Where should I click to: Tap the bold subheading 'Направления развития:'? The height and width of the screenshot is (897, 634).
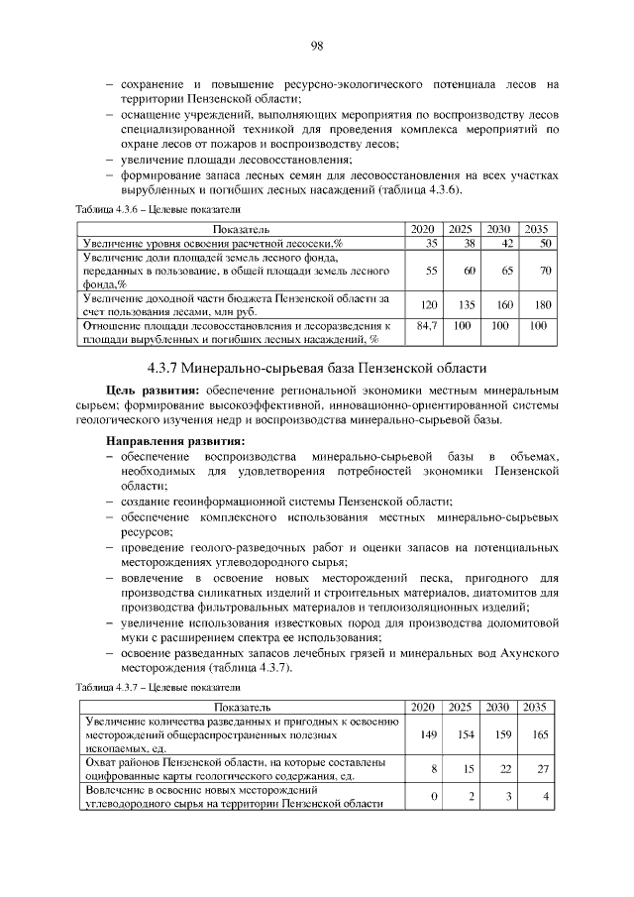click(175, 440)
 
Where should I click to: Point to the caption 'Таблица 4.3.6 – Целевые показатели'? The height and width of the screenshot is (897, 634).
click(159, 210)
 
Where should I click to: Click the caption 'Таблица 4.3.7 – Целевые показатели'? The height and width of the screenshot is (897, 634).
click(159, 686)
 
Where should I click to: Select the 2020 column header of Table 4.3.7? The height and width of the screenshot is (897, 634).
click(423, 706)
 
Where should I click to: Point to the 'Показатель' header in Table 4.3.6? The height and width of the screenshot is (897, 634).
click(241, 229)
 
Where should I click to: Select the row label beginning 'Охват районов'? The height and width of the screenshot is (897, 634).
click(233, 769)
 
